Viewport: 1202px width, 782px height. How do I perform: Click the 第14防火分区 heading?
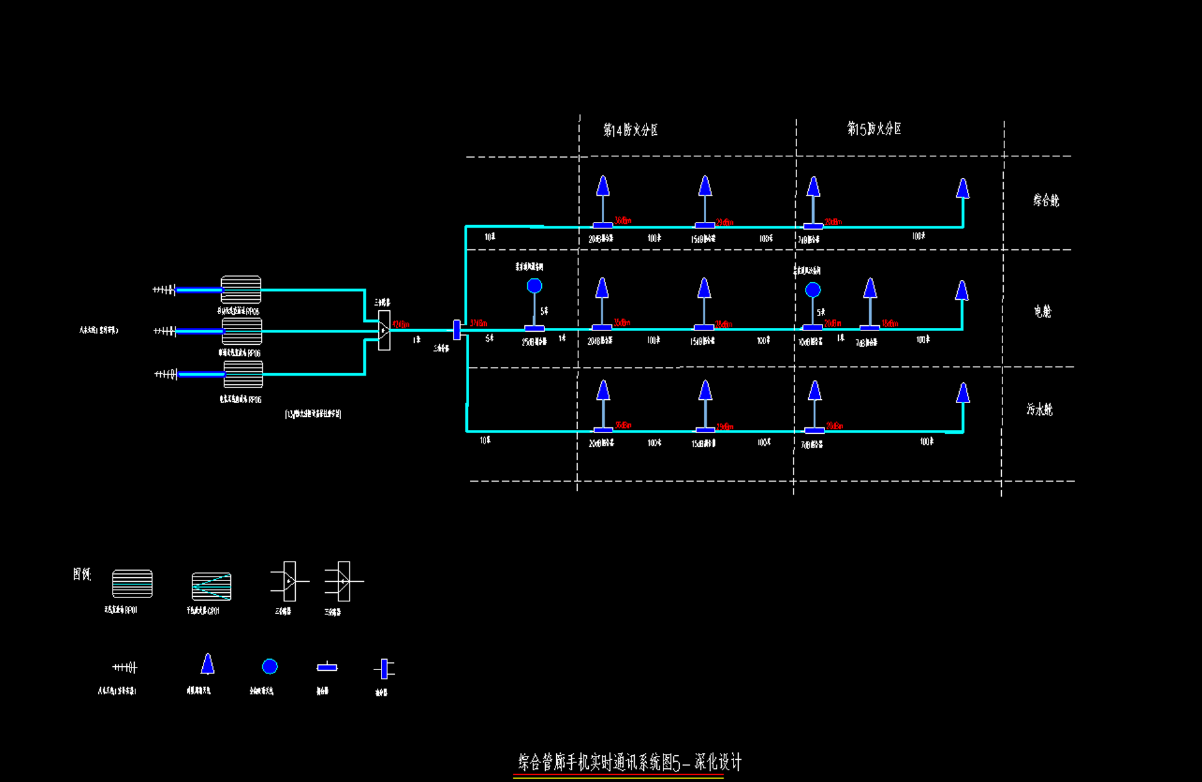pos(630,130)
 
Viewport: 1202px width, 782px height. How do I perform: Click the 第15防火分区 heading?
pos(874,129)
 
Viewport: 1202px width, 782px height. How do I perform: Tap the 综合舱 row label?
pos(1046,200)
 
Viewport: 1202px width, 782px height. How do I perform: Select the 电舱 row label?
pos(1042,311)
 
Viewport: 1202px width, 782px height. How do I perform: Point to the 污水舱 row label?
pos(1039,410)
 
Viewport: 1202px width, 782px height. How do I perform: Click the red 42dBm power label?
pos(400,324)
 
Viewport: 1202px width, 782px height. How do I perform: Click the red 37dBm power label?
pos(478,323)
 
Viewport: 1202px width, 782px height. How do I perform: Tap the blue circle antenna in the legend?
pos(270,666)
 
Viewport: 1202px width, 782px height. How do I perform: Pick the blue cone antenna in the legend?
pos(207,664)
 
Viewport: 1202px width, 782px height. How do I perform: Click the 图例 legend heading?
pos(82,575)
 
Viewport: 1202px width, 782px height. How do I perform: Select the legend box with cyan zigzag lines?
pos(211,586)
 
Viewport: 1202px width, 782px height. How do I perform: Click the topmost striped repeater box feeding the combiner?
pos(241,289)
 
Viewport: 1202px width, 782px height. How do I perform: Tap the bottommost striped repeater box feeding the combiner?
pos(243,374)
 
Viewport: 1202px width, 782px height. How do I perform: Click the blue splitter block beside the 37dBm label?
pos(457,330)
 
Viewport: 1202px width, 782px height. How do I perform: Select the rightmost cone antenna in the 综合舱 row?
pos(963,188)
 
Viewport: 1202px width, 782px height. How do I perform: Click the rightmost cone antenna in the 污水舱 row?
pos(963,393)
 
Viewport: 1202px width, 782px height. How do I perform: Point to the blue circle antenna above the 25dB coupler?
pos(535,286)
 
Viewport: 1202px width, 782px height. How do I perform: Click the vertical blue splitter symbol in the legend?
pos(384,669)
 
